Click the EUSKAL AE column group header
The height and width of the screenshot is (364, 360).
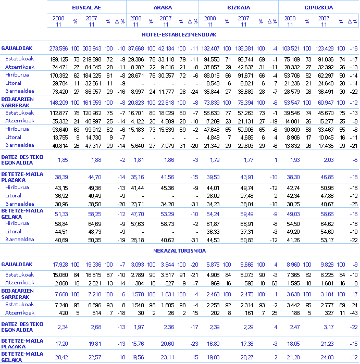click(86, 8)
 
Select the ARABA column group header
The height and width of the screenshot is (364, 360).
click(163, 8)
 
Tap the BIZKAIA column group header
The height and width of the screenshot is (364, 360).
click(239, 8)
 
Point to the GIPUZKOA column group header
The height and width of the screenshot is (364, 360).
click(319, 8)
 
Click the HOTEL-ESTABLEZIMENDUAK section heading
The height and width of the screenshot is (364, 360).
click(179, 34)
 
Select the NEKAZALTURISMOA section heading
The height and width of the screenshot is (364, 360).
click(179, 250)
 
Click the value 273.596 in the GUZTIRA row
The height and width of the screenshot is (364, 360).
click(59, 48)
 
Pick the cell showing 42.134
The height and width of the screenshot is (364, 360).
click(166, 48)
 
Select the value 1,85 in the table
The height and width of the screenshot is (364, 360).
click(63, 159)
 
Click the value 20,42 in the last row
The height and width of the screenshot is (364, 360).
click(62, 357)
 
